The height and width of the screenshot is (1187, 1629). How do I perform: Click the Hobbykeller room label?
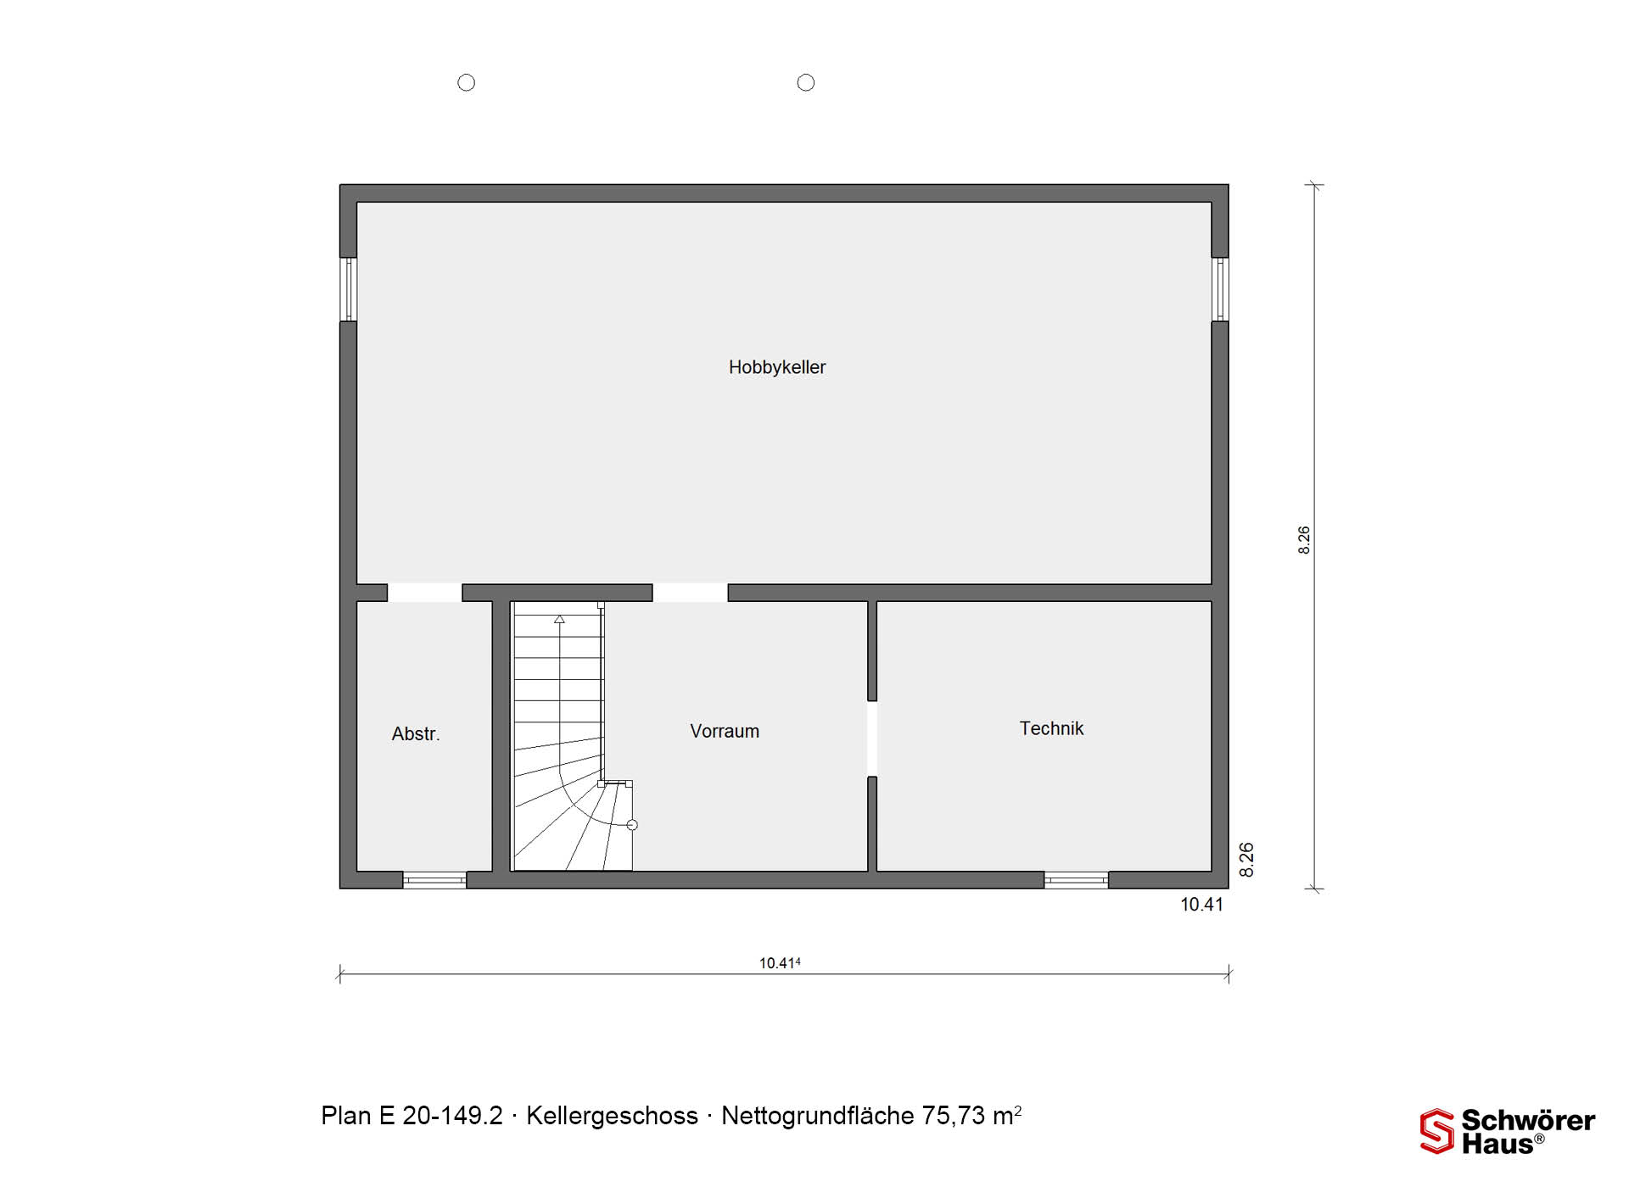click(x=777, y=367)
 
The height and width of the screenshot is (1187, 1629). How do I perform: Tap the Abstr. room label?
click(x=416, y=734)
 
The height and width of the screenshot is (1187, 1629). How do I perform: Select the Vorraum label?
click(x=725, y=731)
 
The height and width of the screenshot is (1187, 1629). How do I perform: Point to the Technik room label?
click(x=1051, y=728)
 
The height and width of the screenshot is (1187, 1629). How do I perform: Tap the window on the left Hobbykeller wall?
click(x=348, y=289)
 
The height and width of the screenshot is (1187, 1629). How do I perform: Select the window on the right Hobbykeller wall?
click(x=1219, y=289)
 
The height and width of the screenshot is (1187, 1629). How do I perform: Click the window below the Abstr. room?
click(x=434, y=880)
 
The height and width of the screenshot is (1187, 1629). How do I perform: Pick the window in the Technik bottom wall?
click(x=1076, y=880)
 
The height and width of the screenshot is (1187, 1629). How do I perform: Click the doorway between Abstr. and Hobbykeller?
click(x=425, y=593)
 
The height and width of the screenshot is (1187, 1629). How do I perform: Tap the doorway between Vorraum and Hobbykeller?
click(x=691, y=593)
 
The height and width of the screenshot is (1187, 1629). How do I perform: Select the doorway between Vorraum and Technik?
click(x=872, y=738)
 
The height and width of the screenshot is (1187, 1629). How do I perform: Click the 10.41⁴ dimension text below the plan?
click(x=780, y=963)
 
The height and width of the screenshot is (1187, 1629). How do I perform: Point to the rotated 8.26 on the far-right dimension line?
click(x=1304, y=540)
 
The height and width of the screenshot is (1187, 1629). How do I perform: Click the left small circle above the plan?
click(x=467, y=82)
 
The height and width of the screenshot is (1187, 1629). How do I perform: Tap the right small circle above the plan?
click(x=806, y=82)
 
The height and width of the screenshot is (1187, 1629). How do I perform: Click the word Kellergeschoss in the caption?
click(x=612, y=1116)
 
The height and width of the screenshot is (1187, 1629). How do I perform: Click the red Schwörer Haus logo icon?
click(x=1437, y=1131)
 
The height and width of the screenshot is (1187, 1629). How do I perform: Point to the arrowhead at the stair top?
click(x=559, y=620)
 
